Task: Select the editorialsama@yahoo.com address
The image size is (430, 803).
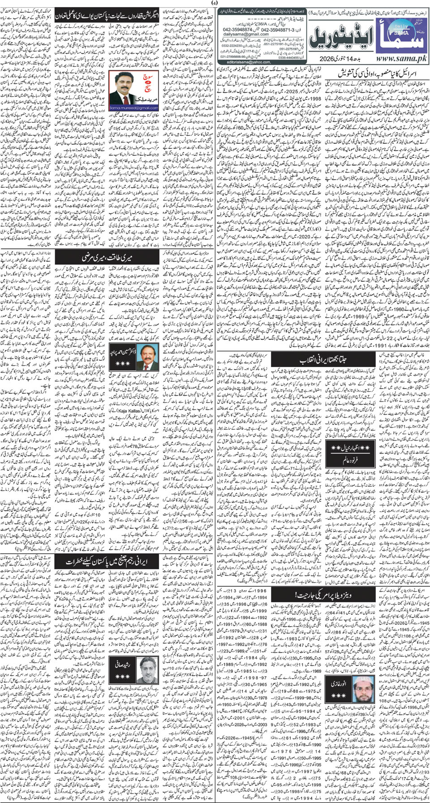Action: click(242, 62)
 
